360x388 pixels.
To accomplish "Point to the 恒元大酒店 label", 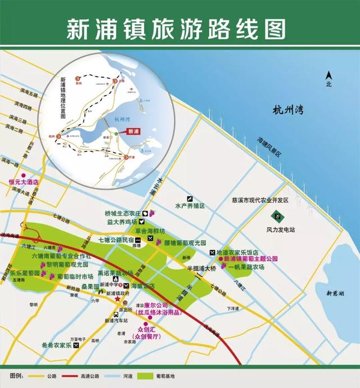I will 22,182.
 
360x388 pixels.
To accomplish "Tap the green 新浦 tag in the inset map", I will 132,132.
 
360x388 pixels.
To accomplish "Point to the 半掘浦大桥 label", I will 202,269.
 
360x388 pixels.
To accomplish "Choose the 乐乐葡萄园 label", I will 25,273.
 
